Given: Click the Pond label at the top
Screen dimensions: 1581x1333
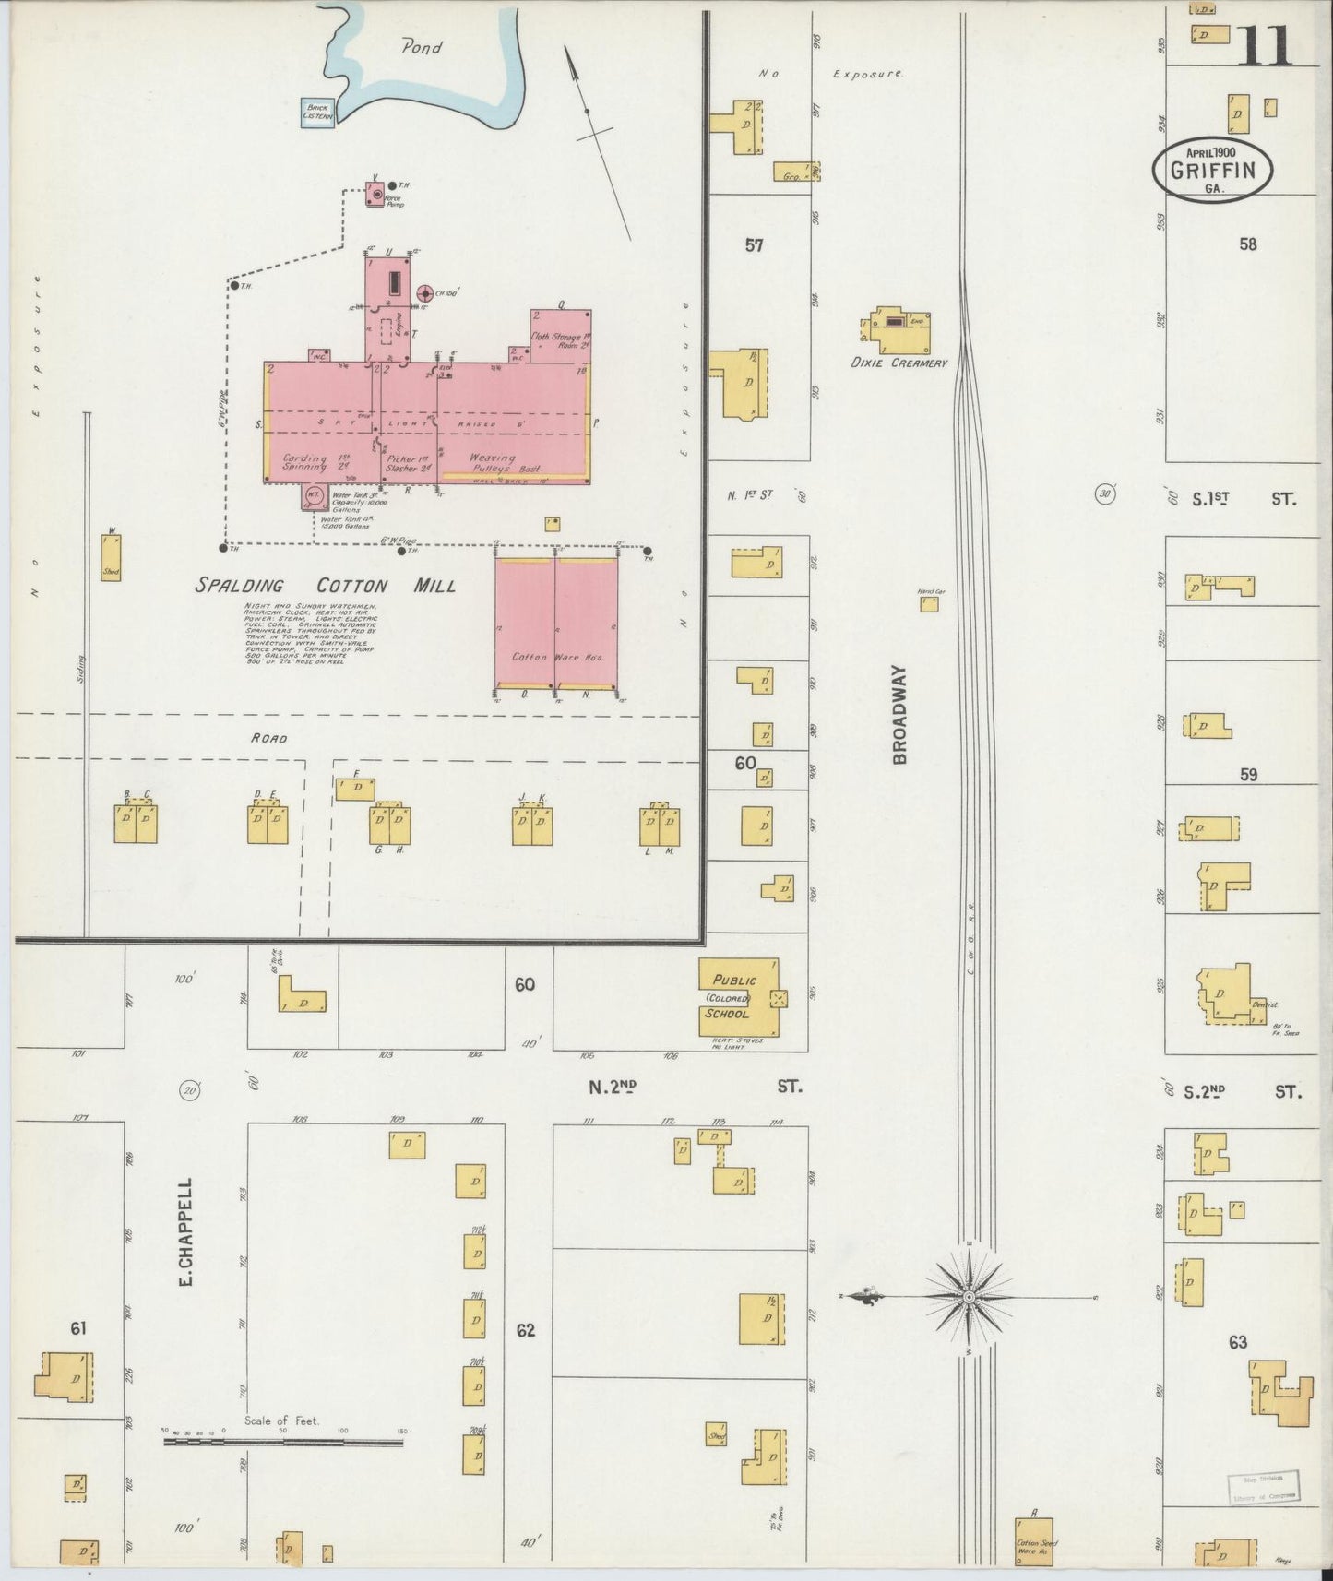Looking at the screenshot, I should [x=421, y=47].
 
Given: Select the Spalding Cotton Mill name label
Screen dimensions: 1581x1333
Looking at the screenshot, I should [x=326, y=586].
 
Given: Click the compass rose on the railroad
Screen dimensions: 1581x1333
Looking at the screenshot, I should [x=969, y=1298].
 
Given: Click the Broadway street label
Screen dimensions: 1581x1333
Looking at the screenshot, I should [x=900, y=715].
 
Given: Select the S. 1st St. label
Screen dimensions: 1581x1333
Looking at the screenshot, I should [x=1243, y=499].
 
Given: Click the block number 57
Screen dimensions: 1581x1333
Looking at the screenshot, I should [x=755, y=245].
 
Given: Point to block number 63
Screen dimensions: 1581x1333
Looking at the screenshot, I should [x=1237, y=1342].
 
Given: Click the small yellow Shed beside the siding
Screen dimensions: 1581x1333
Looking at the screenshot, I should [x=112, y=558].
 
